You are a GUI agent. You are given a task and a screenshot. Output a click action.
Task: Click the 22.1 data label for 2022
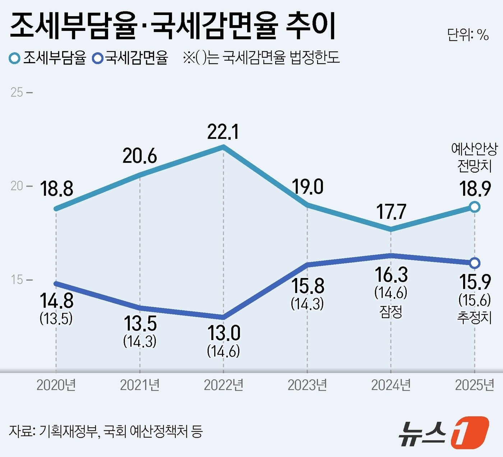(x=223, y=132)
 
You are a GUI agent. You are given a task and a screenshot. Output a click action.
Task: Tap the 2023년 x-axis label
(x=307, y=385)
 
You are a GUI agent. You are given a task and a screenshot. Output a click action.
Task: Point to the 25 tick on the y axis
(x=17, y=93)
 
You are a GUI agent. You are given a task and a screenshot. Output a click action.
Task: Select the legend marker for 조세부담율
(x=14, y=58)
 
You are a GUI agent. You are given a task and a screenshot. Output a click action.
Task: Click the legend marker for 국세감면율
(x=98, y=58)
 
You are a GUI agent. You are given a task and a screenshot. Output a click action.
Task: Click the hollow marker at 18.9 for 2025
(x=475, y=207)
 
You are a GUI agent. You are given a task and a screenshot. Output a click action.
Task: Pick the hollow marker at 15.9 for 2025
(x=475, y=263)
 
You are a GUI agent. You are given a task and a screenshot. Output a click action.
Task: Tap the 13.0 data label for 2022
(x=223, y=334)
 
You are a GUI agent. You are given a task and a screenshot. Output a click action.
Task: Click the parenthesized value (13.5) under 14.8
(x=56, y=318)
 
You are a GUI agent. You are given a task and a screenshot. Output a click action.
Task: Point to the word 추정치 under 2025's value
(x=475, y=317)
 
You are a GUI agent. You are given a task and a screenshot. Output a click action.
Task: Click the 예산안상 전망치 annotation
(x=475, y=157)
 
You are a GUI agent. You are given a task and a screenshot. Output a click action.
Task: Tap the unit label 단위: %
(x=468, y=35)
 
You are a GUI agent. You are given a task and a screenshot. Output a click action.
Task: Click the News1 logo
(x=443, y=432)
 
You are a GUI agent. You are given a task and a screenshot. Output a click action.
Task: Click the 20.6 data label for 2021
(x=139, y=156)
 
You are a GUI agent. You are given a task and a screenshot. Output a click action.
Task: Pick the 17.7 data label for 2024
(x=391, y=212)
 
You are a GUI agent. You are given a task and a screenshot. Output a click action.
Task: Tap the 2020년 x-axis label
(x=56, y=385)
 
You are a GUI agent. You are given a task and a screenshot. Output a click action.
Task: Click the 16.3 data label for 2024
(x=391, y=275)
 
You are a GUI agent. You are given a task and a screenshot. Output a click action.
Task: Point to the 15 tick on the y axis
(x=17, y=280)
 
